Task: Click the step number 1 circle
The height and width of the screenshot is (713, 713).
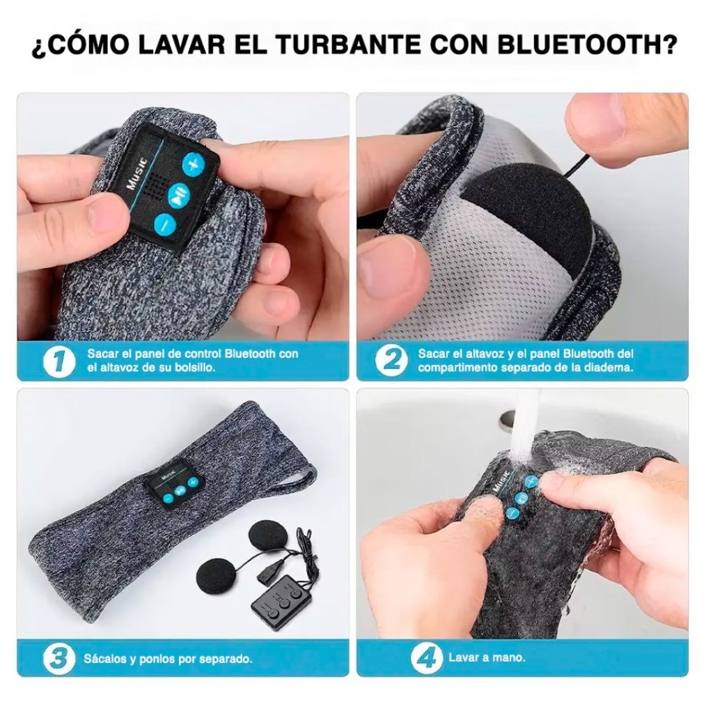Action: click(59, 361)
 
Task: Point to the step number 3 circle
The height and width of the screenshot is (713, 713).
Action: click(59, 658)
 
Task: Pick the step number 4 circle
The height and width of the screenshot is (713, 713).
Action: click(426, 658)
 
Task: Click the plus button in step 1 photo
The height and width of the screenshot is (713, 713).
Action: click(194, 164)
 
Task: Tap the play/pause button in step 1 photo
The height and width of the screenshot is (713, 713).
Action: click(178, 196)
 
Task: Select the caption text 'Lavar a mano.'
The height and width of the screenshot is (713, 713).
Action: click(487, 657)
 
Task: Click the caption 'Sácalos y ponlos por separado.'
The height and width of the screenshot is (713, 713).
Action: click(168, 659)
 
